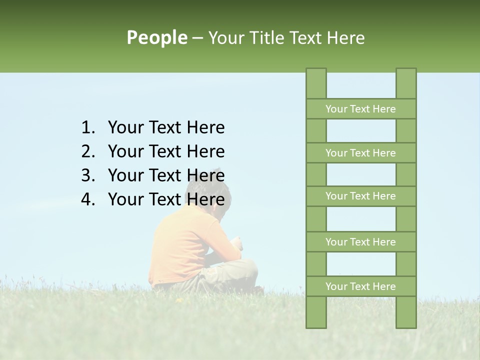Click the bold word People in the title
click(x=156, y=38)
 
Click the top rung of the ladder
click(x=360, y=109)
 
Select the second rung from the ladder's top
click(x=360, y=153)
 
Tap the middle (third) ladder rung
click(x=360, y=196)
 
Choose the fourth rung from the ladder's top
click(x=360, y=242)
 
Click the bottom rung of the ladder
click(x=360, y=286)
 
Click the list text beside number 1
click(x=166, y=128)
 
